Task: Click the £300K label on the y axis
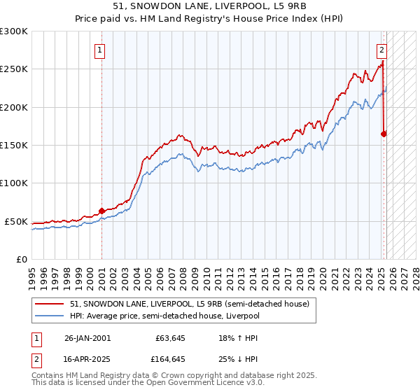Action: tap(14, 31)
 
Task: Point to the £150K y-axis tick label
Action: tap(14, 146)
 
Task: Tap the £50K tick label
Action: tap(17, 221)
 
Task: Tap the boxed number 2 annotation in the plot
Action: tap(382, 50)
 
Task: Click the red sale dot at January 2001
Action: tap(102, 210)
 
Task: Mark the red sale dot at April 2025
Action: tap(384, 134)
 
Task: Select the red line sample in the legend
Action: tap(50, 304)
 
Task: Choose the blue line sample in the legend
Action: tap(50, 316)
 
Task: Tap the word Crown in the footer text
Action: tap(178, 376)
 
